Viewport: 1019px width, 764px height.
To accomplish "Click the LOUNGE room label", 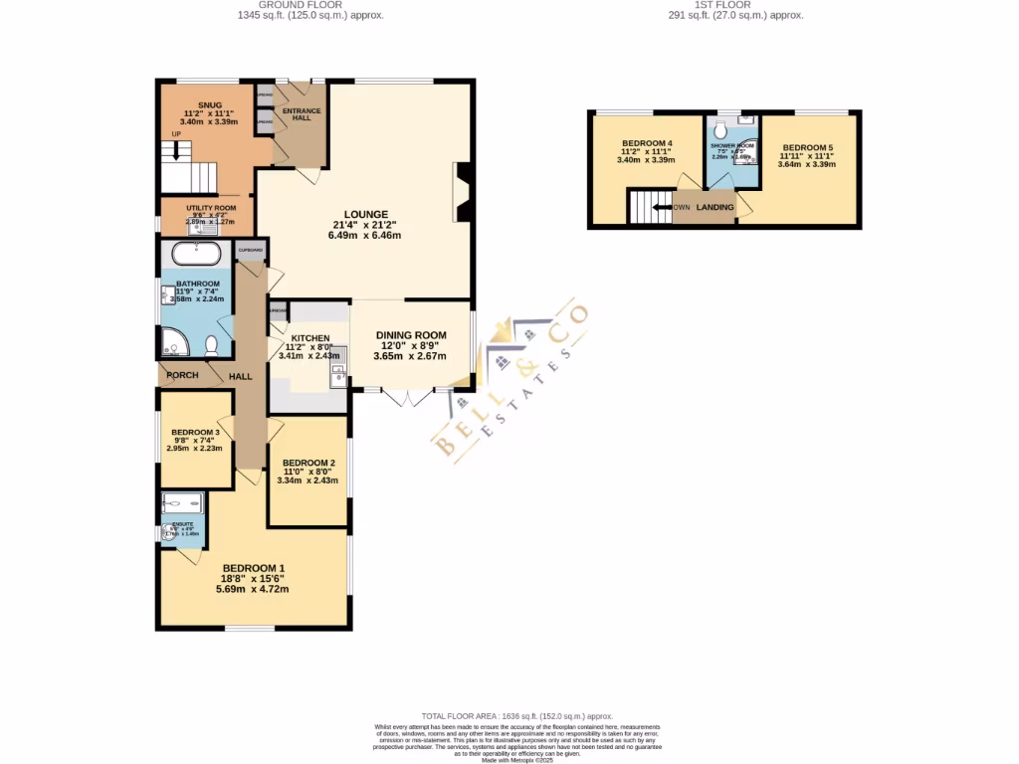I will point(365,214).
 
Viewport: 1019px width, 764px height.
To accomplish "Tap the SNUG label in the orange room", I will point(209,104).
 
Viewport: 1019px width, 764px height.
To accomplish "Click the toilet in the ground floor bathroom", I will point(210,345).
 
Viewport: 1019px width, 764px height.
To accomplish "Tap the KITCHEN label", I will point(309,338).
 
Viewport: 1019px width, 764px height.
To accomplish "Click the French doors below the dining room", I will point(409,397).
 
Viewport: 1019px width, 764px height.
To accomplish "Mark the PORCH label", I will point(182,375).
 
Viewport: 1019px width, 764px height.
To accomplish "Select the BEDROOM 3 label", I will point(194,432).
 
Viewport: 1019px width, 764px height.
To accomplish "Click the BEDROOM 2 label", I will point(308,464).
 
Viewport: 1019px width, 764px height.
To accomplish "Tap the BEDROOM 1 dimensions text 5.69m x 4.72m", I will point(252,589).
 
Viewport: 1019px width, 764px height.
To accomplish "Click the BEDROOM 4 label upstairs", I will point(647,142).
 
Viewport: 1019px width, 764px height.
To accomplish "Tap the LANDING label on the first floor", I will point(715,207).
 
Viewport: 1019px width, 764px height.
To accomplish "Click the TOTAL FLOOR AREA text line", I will point(516,716).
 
